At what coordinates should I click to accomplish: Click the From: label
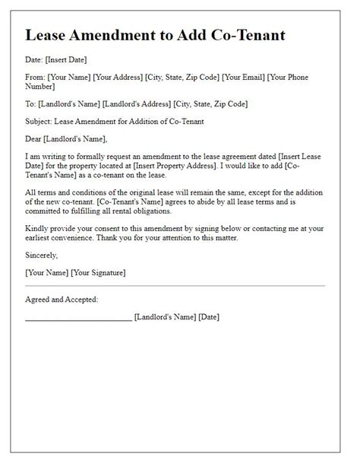(35, 77)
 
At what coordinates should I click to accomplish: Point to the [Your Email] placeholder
(242, 77)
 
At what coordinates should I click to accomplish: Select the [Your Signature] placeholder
(97, 271)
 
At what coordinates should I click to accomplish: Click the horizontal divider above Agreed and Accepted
(175, 286)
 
